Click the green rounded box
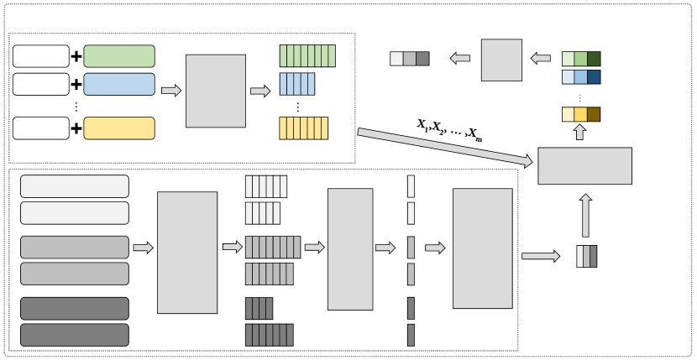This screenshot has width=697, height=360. coord(119,56)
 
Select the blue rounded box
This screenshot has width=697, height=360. coord(119,84)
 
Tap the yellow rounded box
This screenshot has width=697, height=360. coord(119,128)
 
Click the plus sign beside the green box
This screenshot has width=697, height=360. coord(76,56)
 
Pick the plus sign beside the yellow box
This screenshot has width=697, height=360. coord(76,128)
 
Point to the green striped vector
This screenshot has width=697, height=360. coord(307,55)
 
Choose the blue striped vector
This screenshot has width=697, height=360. coord(296,84)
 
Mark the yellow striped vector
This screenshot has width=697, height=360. coord(303,128)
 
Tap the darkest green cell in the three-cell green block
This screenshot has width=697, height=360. coord(594,59)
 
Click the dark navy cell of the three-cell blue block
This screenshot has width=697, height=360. coord(594,77)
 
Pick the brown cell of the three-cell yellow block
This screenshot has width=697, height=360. coord(594,114)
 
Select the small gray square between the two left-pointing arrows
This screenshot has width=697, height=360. coord(501,60)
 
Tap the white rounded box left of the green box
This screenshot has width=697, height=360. coord(41,56)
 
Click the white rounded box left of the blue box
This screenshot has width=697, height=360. coord(41,84)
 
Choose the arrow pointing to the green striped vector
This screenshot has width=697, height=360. coord(259,91)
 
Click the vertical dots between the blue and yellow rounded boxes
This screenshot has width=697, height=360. coord(76,106)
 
